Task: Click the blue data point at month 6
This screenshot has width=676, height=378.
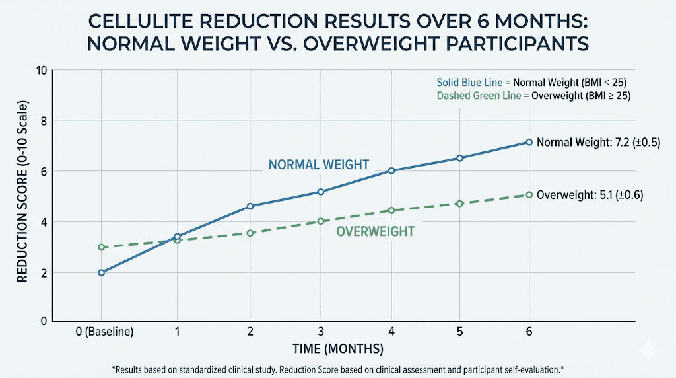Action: pyautogui.click(x=529, y=142)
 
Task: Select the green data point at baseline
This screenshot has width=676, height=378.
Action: pyautogui.click(x=101, y=247)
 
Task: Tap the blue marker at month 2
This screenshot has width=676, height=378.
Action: pyautogui.click(x=250, y=206)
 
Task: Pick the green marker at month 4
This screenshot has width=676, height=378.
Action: pyautogui.click(x=391, y=210)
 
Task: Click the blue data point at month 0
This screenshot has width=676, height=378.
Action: pyautogui.click(x=101, y=272)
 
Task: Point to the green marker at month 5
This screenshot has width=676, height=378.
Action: pyautogui.click(x=460, y=204)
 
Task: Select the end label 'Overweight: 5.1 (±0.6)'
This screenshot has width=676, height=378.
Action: pyautogui.click(x=590, y=195)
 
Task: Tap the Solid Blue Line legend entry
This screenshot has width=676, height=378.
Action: pyautogui.click(x=531, y=83)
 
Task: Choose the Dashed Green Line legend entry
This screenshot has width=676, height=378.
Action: pyautogui.click(x=531, y=96)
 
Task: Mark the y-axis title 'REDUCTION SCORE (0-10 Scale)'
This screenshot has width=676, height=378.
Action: pyautogui.click(x=22, y=196)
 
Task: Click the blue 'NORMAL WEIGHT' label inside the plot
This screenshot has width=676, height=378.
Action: pyautogui.click(x=318, y=165)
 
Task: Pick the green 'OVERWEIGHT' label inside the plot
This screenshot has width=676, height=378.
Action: pyautogui.click(x=375, y=231)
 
